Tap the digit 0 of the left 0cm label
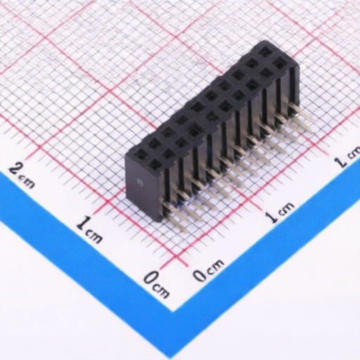tap(150, 278)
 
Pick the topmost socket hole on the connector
tap(265, 51)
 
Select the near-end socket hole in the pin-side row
tap(155, 165)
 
